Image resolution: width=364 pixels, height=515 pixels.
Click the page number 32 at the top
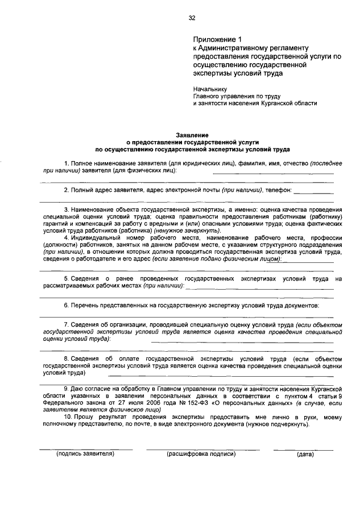pyautogui.click(x=192, y=18)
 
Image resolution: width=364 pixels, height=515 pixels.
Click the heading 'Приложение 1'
pyautogui.click(x=217, y=40)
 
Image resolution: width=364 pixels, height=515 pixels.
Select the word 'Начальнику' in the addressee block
pyautogui.click(x=210, y=89)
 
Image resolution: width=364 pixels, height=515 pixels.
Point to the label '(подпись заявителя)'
pyautogui.click(x=85, y=454)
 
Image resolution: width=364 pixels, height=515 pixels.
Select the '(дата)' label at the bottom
pyautogui.click(x=305, y=454)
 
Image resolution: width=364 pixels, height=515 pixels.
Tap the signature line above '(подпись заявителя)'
pyautogui.click(x=85, y=449)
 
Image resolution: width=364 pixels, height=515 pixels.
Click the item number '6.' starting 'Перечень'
pyautogui.click(x=67, y=306)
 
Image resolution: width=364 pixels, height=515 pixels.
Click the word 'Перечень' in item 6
pyautogui.click(x=85, y=306)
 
